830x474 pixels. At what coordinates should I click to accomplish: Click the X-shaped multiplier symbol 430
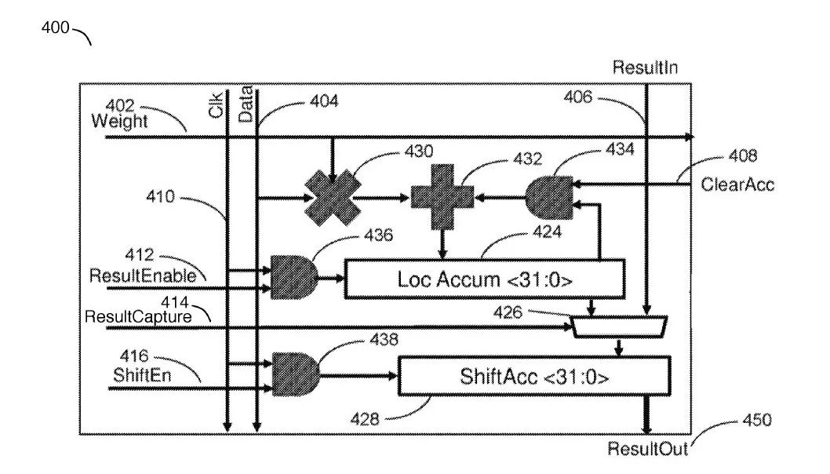click(332, 197)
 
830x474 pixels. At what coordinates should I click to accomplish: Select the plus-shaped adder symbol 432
click(442, 197)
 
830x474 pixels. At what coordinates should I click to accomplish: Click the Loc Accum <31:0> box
click(484, 279)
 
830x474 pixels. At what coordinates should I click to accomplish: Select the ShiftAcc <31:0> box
click(534, 377)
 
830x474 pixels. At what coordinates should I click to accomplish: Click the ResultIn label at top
click(645, 67)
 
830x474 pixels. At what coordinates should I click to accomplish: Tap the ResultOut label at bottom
click(648, 450)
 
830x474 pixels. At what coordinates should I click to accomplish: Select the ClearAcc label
click(737, 185)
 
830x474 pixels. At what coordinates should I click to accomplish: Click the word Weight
click(118, 122)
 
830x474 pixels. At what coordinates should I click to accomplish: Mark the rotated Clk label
click(217, 108)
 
